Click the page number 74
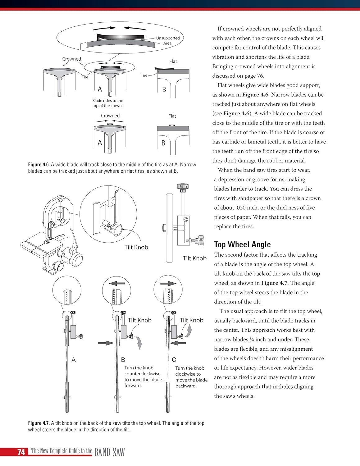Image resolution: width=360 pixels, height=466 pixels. coord(21,452)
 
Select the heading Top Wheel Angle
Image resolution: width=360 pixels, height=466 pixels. coord(242,244)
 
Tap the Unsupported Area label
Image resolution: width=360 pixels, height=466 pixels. coord(168,41)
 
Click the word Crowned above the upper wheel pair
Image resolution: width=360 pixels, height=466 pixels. coord(71,59)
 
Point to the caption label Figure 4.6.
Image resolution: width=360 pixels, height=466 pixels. coord(39,165)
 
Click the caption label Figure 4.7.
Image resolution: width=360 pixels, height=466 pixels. coord(39,423)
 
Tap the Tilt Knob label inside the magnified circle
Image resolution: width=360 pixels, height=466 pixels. coord(136,247)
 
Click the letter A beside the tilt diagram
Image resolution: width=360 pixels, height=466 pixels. coord(74,360)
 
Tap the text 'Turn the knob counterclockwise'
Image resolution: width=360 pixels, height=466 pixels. coord(142,371)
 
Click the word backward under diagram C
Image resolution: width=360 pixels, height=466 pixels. coord(186,386)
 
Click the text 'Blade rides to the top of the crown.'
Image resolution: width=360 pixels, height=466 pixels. coord(107,103)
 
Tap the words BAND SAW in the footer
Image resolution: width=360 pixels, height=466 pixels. coord(109,452)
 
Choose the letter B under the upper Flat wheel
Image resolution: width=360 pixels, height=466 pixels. coord(164,90)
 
